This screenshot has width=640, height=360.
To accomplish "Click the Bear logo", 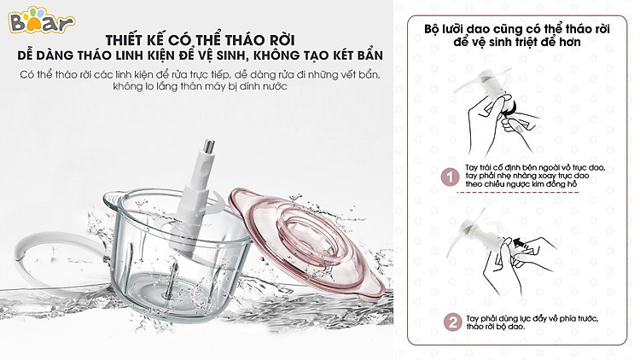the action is pyautogui.click(x=41, y=21).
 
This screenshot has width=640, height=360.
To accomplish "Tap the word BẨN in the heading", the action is pyautogui.click(x=367, y=55).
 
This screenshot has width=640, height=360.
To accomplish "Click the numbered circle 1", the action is pyautogui.click(x=451, y=177).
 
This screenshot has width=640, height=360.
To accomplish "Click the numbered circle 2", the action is pyautogui.click(x=452, y=322).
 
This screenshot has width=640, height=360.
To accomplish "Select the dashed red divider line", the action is pyautogui.click(x=517, y=192).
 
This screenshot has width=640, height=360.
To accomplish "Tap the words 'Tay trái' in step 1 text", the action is pyautogui.click(x=480, y=168).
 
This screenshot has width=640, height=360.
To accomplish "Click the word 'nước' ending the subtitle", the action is pyautogui.click(x=275, y=86).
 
